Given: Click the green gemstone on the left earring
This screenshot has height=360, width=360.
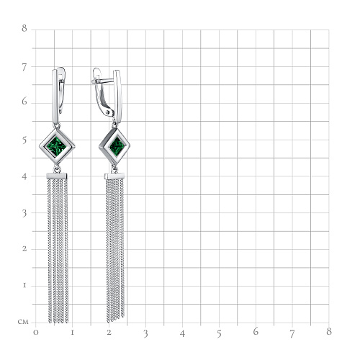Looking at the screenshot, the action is [x=56, y=146].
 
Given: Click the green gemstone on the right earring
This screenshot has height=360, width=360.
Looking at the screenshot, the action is [x=117, y=146].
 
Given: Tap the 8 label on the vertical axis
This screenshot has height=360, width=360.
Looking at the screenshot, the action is [x=24, y=28].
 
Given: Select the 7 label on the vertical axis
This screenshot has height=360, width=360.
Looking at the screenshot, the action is [x=24, y=68].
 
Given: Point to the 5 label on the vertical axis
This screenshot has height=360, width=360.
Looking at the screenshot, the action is [x=24, y=140].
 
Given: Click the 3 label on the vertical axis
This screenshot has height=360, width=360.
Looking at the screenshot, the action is [x=24, y=214].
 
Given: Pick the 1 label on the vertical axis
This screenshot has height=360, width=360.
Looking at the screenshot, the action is [x=24, y=285].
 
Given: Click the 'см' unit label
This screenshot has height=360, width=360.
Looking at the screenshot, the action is [x=23, y=322].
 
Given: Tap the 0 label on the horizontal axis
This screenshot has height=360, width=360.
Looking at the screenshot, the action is [x=36, y=333].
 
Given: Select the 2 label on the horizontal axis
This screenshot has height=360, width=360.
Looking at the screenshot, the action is [x=109, y=333].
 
